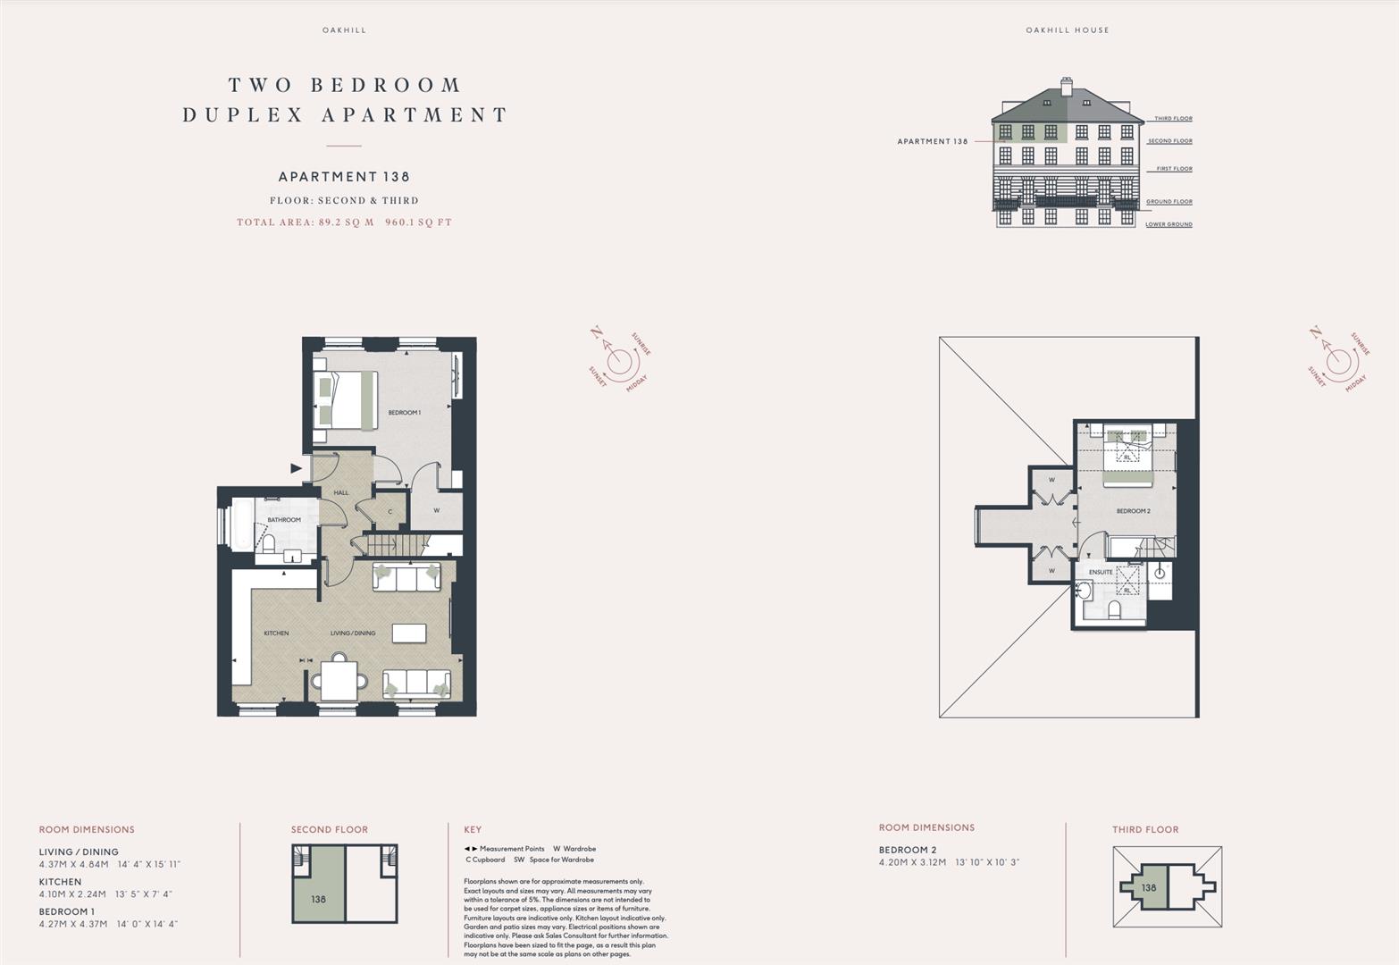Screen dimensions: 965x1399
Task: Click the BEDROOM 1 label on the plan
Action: [x=404, y=413]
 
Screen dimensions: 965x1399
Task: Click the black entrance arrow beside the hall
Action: [x=296, y=467]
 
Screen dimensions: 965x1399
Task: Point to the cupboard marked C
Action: [x=390, y=512]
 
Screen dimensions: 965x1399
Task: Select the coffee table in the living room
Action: [x=409, y=633]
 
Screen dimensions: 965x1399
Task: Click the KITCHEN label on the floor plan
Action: [x=276, y=634]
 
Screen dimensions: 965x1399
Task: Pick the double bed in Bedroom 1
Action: [x=345, y=399]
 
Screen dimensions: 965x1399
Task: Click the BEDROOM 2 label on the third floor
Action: [x=1133, y=511]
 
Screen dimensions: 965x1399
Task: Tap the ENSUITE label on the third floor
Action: [x=1101, y=572]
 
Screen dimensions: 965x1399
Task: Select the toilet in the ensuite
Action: [x=1114, y=609]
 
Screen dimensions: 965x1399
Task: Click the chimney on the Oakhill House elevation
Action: [x=1066, y=87]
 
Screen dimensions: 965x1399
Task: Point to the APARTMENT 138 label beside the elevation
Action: [x=932, y=141]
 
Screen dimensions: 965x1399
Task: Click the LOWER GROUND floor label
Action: [x=1169, y=224]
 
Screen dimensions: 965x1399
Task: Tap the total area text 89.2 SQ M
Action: [x=344, y=222]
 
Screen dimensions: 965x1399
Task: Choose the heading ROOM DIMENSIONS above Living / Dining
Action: [x=87, y=830]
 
